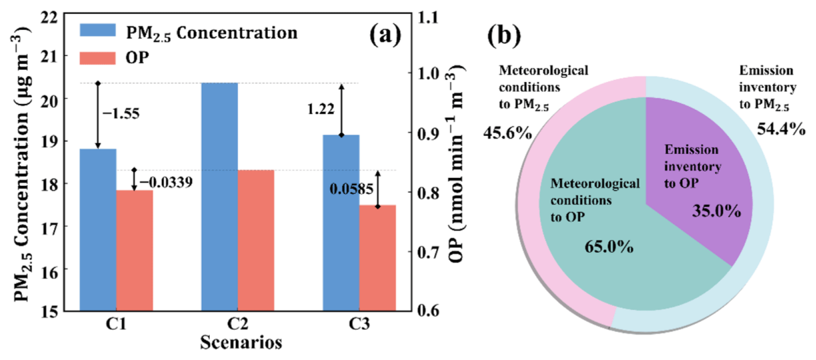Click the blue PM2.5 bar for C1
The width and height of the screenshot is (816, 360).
click(98, 230)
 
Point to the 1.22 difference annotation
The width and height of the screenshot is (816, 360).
click(322, 110)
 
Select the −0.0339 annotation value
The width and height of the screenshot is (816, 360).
click(165, 182)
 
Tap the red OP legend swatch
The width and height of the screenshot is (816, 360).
click(98, 57)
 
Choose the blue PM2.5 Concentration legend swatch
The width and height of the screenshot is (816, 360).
click(98, 30)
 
